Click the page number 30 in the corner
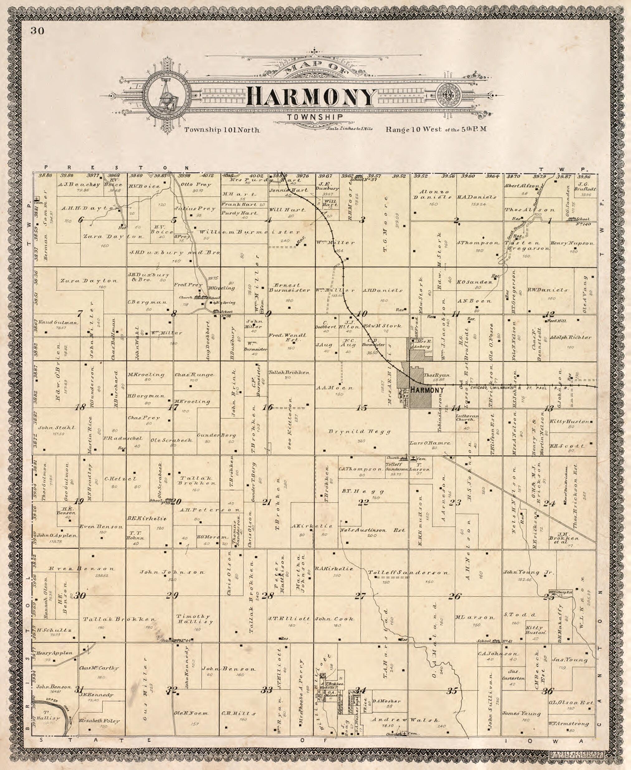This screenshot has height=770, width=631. (37, 31)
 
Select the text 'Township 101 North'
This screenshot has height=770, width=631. (222, 130)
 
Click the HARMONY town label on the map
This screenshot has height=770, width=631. (428, 390)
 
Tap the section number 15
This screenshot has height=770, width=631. (362, 408)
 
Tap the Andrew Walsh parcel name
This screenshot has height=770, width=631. (405, 720)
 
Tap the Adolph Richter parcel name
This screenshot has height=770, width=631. (570, 337)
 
